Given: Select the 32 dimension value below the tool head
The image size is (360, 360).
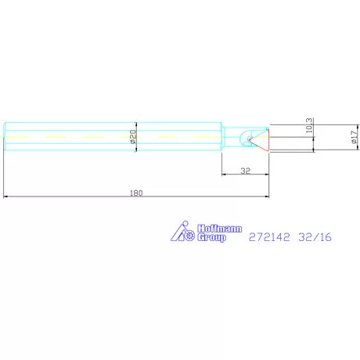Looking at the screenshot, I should [245, 169].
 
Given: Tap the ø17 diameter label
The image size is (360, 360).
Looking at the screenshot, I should [354, 137].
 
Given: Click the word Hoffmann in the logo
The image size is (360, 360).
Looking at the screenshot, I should [212, 228].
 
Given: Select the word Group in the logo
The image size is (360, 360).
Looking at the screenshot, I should [211, 236].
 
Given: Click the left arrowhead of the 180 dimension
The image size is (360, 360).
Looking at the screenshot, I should [7, 196].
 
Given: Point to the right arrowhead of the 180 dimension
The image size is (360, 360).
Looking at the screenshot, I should [268, 196].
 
